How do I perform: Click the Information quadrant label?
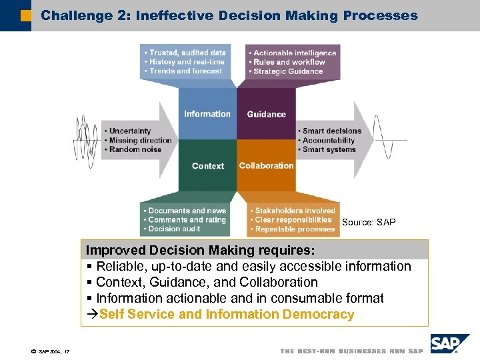(x=207, y=114)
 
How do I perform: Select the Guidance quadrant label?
(x=266, y=115)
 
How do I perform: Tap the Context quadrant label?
(x=207, y=166)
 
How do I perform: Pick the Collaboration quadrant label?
(x=266, y=165)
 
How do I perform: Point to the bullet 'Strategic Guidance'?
(x=287, y=71)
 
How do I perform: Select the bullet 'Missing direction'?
(x=140, y=140)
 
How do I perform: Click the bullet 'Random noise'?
(x=135, y=149)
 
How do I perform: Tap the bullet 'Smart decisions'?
(x=331, y=131)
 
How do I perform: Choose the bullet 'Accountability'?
(x=329, y=141)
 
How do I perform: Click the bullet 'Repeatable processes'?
(x=294, y=229)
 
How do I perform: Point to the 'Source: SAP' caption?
(x=369, y=222)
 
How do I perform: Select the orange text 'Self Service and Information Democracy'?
(x=227, y=314)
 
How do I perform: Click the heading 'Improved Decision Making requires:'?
(x=200, y=250)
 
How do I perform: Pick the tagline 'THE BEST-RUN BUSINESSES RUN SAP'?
(x=351, y=351)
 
